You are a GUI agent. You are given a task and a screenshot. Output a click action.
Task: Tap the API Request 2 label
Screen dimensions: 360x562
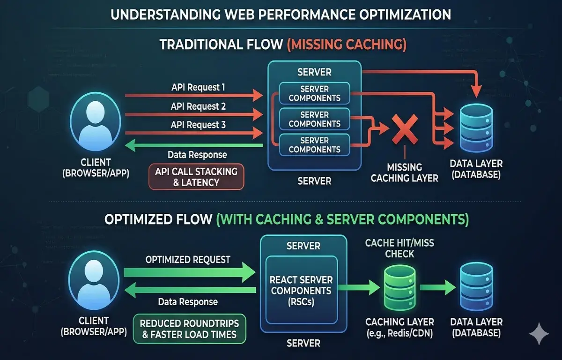[198, 106]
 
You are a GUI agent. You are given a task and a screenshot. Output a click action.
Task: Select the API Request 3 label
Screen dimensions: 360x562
[198, 125]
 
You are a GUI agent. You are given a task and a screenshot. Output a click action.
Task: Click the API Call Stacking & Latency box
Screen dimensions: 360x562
[196, 176]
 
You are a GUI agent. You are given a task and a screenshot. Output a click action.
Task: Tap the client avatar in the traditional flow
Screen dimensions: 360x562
[96, 123]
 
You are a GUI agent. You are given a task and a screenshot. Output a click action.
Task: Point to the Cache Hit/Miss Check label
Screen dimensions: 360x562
[390, 248]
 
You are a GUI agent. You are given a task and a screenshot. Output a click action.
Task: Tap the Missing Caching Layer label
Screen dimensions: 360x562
[404, 172]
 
